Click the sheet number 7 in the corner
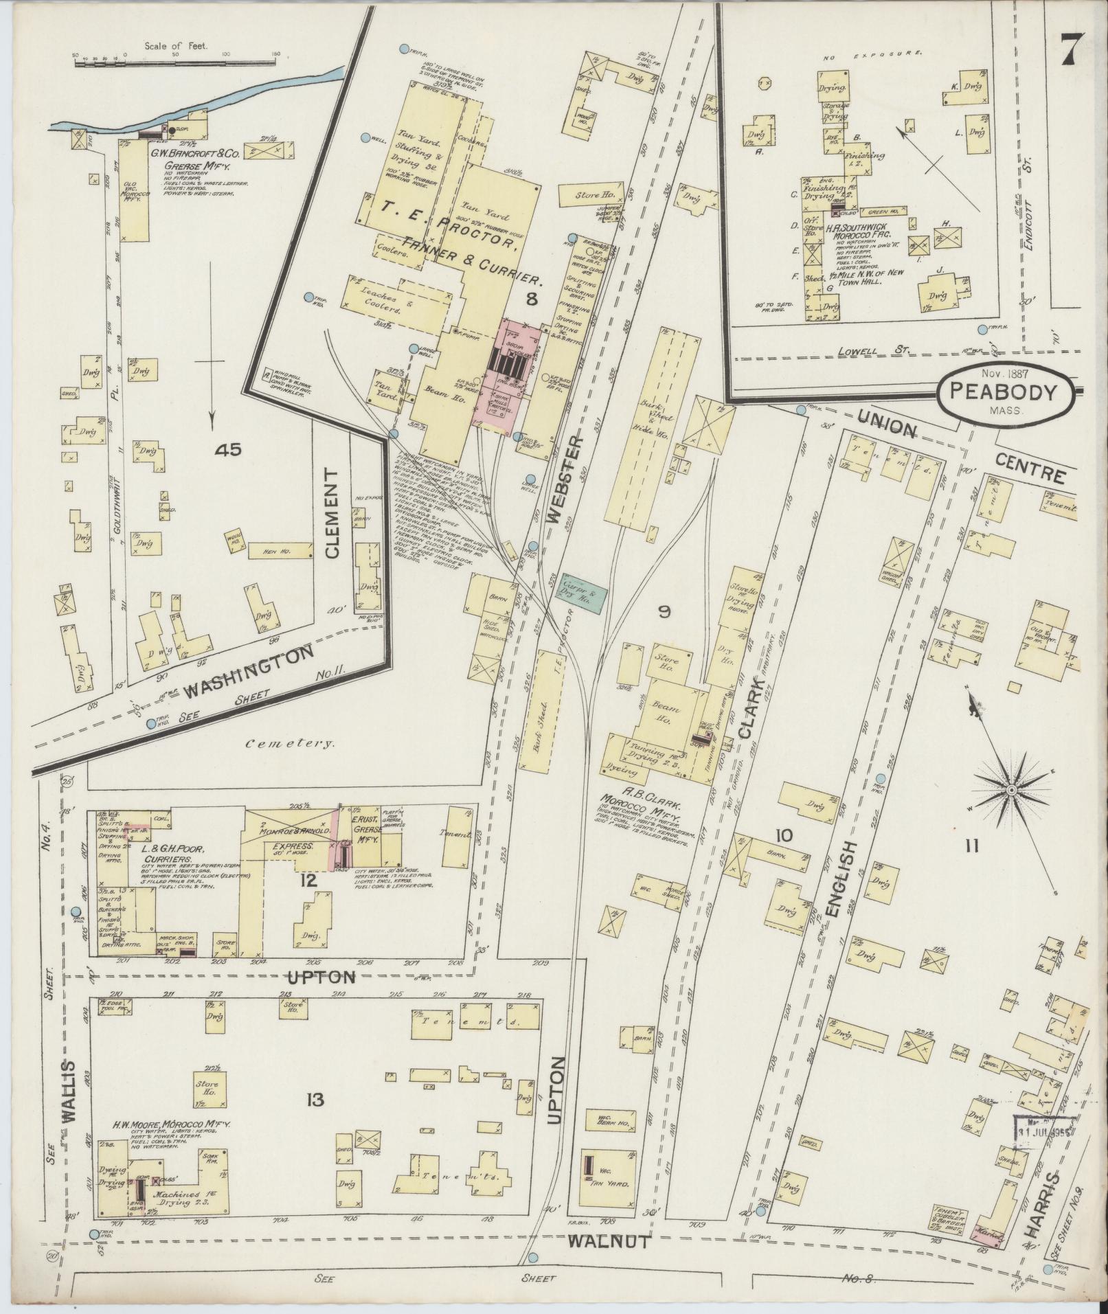click(x=1072, y=50)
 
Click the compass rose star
click(x=1011, y=791)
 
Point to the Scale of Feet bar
click(x=176, y=63)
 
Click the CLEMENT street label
click(x=333, y=515)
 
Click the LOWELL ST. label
click(x=875, y=350)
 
